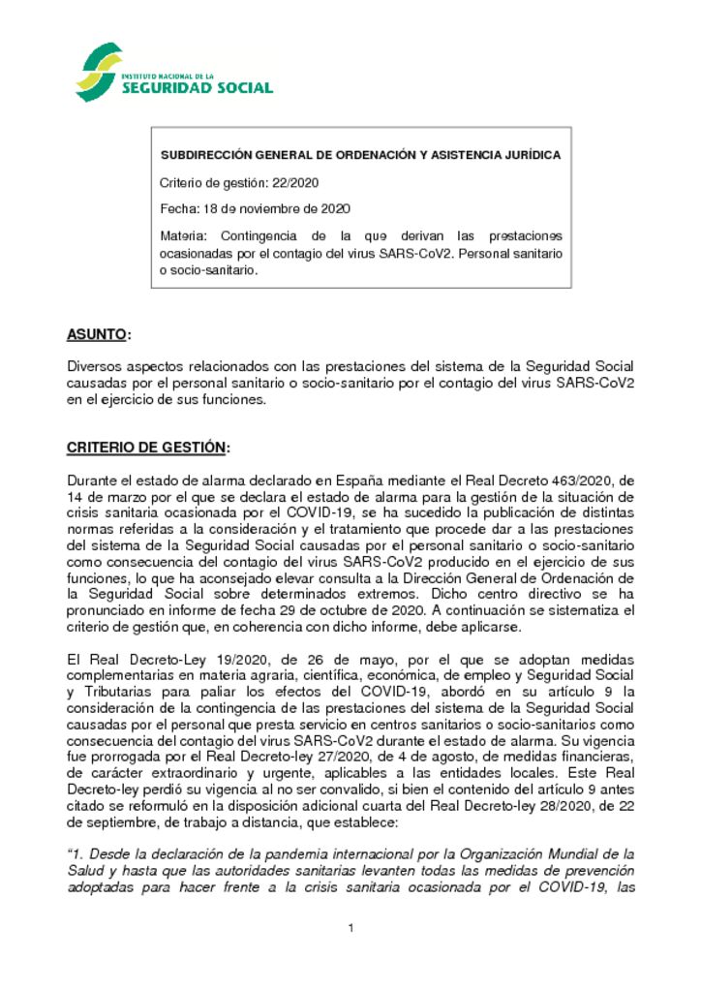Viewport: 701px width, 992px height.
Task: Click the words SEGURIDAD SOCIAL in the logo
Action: (x=197, y=88)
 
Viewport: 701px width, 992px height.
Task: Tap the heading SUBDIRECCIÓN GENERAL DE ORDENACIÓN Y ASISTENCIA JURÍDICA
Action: (x=359, y=155)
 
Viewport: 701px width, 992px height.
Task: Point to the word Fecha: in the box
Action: (x=179, y=208)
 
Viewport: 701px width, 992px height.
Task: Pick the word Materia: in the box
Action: (x=185, y=235)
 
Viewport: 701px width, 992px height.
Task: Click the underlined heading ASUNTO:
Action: (x=98, y=335)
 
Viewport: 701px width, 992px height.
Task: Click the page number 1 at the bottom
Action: (x=350, y=930)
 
